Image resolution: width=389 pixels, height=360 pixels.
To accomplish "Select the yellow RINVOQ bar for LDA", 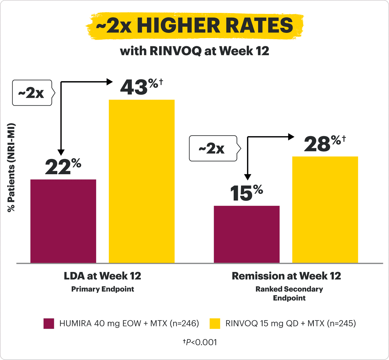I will (x=142, y=181).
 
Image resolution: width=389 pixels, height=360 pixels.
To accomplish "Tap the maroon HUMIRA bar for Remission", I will (x=247, y=234).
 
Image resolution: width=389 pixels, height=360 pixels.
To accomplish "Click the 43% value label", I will (x=141, y=87).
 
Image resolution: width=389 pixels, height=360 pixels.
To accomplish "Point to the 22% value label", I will (x=63, y=167).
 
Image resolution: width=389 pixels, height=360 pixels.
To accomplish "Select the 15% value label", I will (x=246, y=193).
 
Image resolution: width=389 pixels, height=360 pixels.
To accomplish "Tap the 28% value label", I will (x=324, y=144).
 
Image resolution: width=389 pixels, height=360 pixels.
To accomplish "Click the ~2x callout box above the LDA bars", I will (x=32, y=93).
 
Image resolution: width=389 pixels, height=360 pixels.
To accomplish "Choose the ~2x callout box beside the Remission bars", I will (x=213, y=148).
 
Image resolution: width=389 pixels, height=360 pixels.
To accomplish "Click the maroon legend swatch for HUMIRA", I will (x=49, y=323).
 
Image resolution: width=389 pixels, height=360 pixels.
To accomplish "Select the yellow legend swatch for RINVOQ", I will (x=215, y=323).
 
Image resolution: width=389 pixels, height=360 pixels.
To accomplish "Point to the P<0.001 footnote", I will (x=200, y=342).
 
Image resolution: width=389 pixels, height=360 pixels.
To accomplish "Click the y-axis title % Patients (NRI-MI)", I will (x=11, y=167).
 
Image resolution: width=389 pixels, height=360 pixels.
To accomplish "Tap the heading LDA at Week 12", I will (x=103, y=276).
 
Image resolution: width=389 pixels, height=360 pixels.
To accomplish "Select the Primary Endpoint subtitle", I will (x=103, y=289).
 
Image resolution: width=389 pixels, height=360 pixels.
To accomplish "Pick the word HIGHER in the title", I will (x=178, y=25).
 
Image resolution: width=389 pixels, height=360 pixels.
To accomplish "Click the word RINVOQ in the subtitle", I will (x=175, y=51).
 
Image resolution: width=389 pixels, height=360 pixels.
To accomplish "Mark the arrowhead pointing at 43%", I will (x=110, y=82).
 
